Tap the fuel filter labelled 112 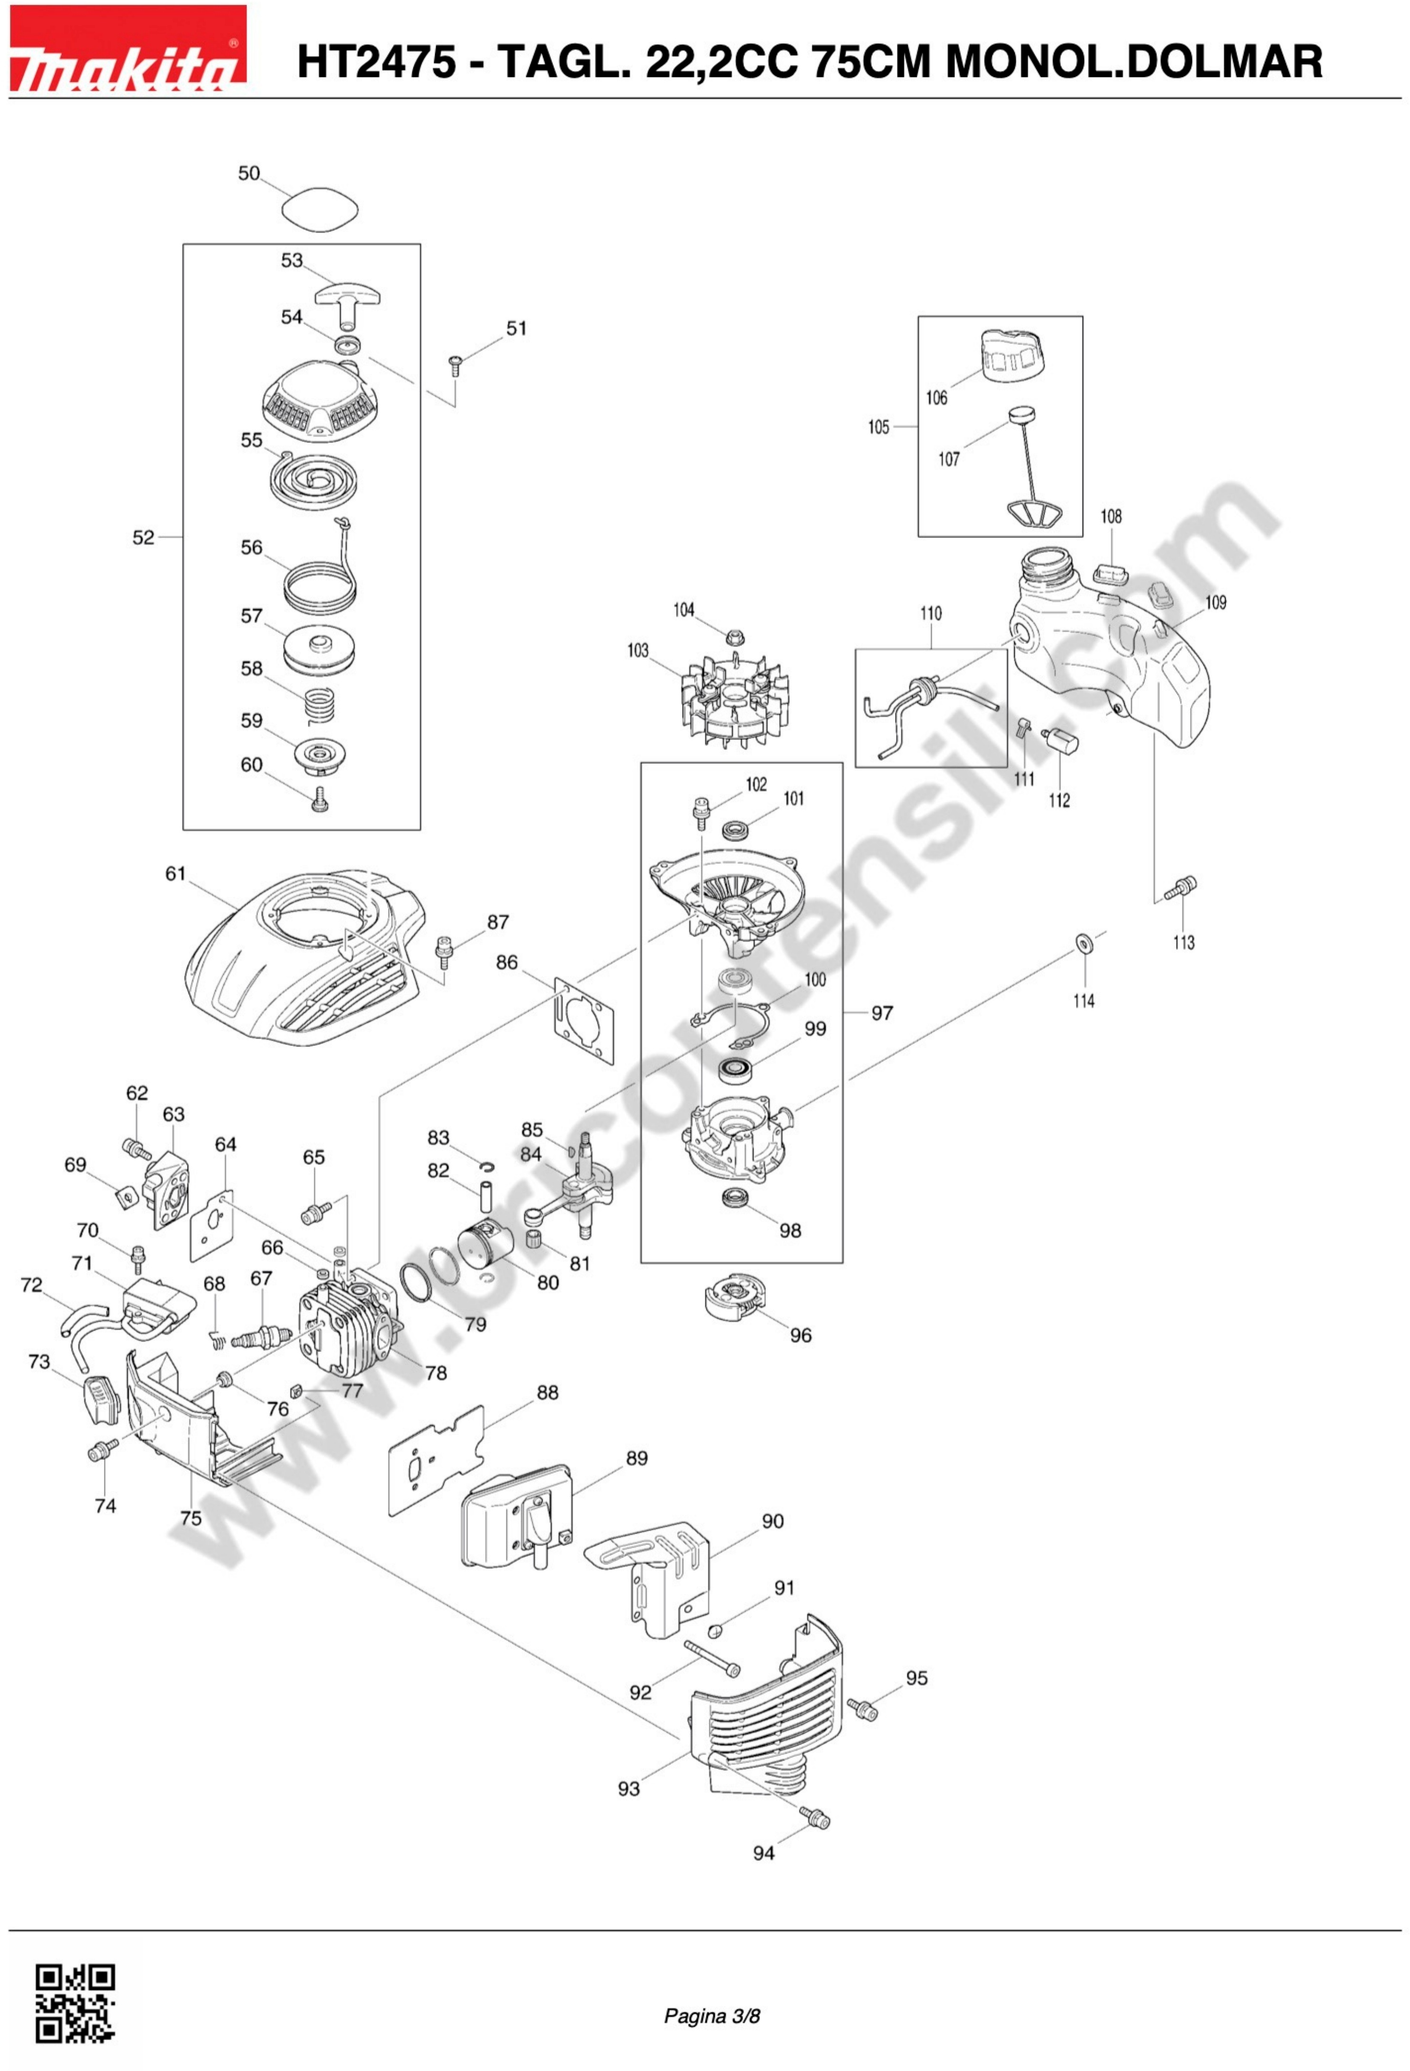[x=1060, y=739]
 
